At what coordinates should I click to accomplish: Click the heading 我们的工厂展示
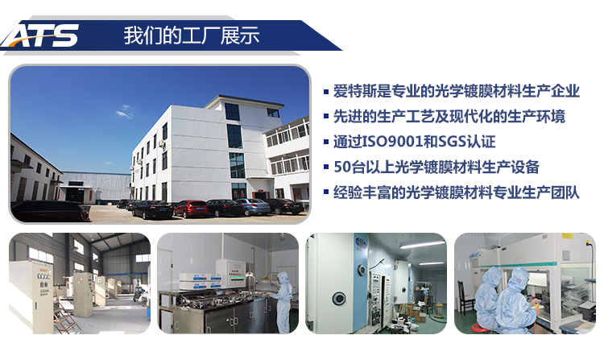point(191,36)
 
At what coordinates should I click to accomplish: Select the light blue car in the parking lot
point(252,206)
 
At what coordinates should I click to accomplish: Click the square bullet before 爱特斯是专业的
point(325,92)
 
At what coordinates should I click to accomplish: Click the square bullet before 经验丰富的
point(325,193)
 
